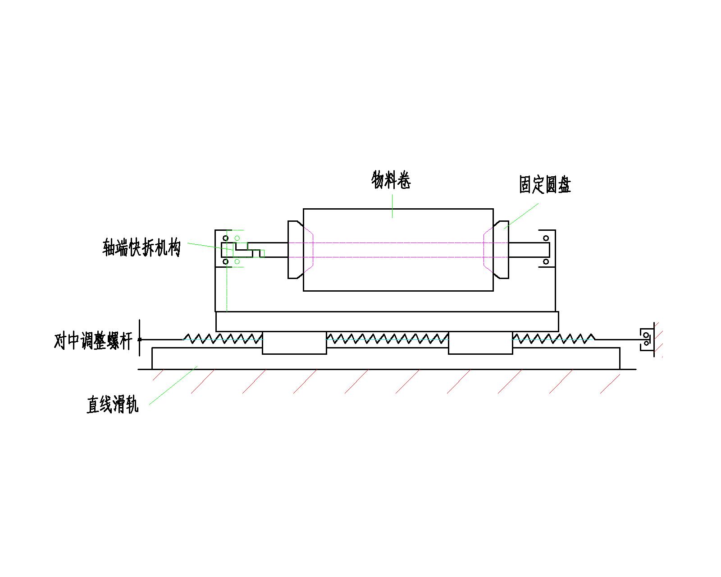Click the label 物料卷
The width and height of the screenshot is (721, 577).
(391, 180)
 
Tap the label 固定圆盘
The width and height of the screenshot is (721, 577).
(545, 185)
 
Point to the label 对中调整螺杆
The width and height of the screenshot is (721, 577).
(93, 341)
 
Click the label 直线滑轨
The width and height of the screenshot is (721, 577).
(113, 405)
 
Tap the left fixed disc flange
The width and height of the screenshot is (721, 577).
(295, 250)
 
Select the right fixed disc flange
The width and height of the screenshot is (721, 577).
(501, 250)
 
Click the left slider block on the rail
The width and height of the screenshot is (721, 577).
(294, 343)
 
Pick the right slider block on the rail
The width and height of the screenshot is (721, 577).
(480, 343)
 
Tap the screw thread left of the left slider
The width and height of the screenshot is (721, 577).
(223, 338)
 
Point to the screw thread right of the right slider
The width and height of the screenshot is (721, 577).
(553, 338)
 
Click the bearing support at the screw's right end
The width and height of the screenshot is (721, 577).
(647, 339)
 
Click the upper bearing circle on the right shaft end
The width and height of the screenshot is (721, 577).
(546, 238)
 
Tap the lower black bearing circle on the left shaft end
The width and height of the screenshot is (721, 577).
(226, 261)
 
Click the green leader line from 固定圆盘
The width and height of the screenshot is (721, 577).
(521, 216)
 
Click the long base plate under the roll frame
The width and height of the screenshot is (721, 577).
(387, 321)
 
